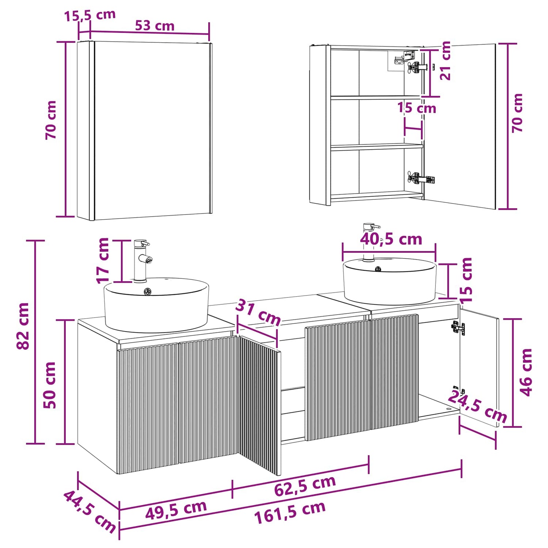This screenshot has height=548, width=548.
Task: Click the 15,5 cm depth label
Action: click(x=90, y=15)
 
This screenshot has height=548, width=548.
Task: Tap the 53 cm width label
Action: click(x=155, y=26)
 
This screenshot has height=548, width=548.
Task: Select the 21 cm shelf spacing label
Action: click(x=445, y=61)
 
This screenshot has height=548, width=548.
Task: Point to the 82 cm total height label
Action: click(x=23, y=326)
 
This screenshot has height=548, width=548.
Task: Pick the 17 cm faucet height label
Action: click(x=103, y=260)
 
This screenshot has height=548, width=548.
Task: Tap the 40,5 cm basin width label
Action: click(x=391, y=239)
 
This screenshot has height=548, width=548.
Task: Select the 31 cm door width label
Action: click(x=258, y=312)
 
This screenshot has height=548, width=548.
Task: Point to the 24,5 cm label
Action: click(x=477, y=406)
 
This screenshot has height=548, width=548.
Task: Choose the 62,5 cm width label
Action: click(x=305, y=486)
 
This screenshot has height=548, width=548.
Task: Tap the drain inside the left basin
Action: click(x=148, y=292)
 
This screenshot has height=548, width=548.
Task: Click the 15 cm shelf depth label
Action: click(x=417, y=108)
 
